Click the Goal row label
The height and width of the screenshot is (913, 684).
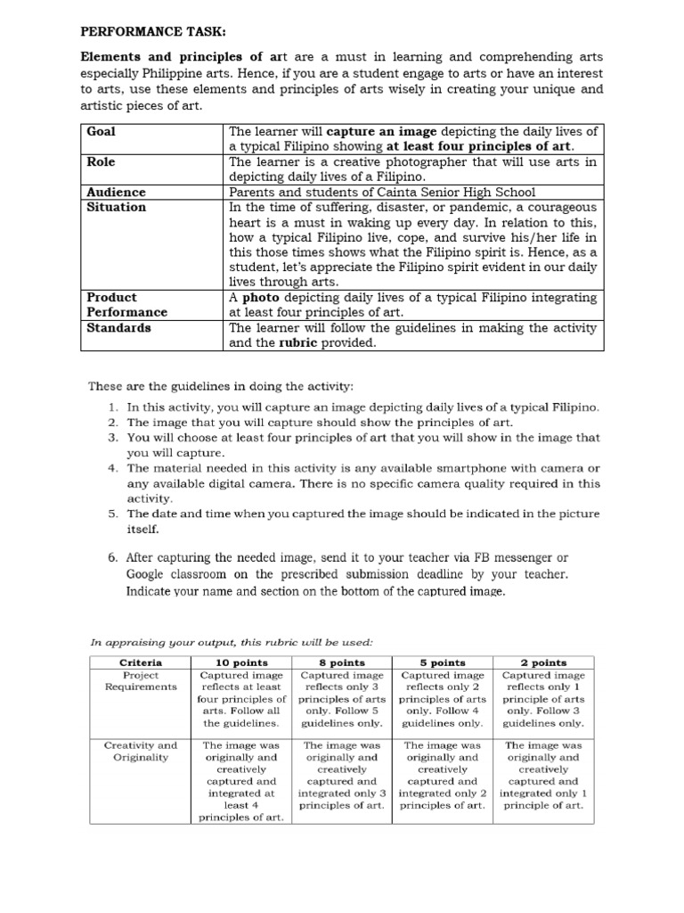tap(102, 131)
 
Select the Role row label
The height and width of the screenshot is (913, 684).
tap(102, 161)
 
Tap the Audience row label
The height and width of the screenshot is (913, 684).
tap(117, 192)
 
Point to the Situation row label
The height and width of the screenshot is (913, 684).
tap(117, 207)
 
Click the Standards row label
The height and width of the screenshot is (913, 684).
tap(118, 327)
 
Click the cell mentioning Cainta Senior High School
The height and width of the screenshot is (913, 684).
tap(382, 192)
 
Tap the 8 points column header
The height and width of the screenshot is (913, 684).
tap(341, 662)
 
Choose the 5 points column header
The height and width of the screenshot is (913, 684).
tap(442, 662)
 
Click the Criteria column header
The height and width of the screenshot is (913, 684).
tap(141, 662)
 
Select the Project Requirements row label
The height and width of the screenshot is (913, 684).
tap(141, 681)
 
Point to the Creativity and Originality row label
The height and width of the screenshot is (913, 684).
tap(141, 751)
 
